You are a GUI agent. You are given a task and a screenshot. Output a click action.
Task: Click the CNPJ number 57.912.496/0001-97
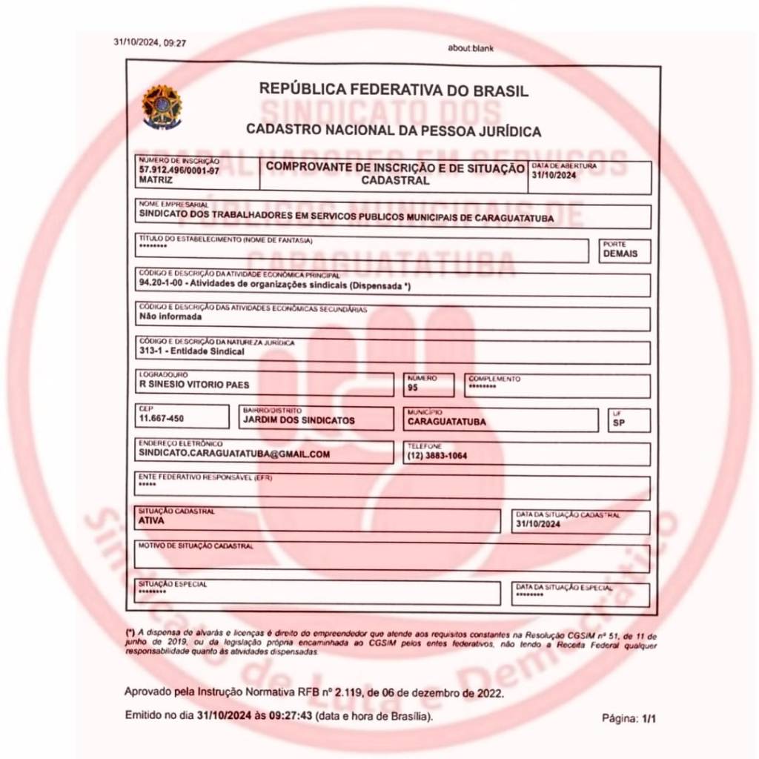tap(179, 170)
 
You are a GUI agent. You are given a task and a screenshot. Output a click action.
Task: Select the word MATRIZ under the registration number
tap(156, 180)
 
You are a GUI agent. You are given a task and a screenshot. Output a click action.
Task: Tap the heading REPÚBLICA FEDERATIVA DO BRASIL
tap(394, 90)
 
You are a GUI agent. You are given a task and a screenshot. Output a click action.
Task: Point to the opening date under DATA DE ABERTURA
tap(554, 175)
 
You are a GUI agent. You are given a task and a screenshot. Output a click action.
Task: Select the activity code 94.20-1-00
tap(165, 284)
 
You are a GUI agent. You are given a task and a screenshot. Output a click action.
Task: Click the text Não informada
tap(170, 316)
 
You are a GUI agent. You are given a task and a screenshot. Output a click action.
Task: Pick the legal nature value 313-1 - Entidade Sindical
tap(191, 351)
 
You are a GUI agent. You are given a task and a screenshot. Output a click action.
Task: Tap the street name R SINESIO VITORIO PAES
tap(194, 385)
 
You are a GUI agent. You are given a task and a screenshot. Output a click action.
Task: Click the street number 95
tap(413, 387)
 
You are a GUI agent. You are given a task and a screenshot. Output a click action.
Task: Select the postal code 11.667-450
tap(161, 419)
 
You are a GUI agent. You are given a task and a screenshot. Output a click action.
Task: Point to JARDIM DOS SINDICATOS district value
tap(299, 420)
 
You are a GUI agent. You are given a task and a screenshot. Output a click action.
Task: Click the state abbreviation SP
tap(619, 423)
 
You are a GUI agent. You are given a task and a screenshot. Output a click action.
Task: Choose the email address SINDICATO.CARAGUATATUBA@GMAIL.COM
tap(234, 454)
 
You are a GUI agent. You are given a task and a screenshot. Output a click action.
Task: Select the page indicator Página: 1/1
tap(630, 718)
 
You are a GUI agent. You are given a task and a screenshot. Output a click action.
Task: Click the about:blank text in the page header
tap(471, 48)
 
